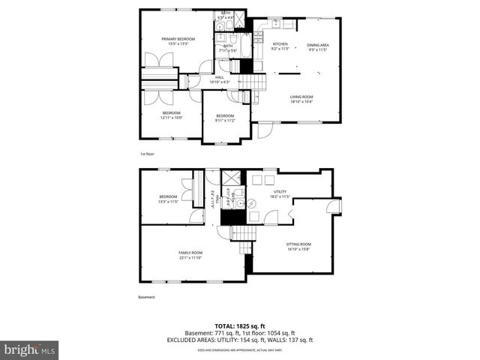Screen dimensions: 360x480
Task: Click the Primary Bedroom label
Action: coord(178,41)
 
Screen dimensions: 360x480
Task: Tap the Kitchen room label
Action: coord(279,46)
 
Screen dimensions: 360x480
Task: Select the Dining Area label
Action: coord(319,46)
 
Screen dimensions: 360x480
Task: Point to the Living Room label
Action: coord(301,99)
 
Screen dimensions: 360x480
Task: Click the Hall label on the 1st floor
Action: coord(220,79)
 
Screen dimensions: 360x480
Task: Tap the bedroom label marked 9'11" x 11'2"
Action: coord(225,118)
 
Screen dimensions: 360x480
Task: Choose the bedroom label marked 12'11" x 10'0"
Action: coord(171,115)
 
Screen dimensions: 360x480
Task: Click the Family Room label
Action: coord(190,255)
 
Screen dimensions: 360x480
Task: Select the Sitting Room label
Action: coord(298,246)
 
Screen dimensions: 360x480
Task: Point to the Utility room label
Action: coord(280,194)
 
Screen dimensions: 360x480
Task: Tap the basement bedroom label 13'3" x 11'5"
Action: coord(167,199)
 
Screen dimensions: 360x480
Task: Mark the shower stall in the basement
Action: coord(231,180)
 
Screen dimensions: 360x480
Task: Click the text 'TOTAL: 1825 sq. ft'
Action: coord(240,326)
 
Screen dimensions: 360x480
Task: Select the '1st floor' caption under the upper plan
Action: coord(147,154)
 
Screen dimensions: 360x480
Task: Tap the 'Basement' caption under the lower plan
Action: coord(147,297)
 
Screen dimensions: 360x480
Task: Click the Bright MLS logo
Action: coord(30,349)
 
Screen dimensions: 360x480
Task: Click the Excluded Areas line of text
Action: coord(240,340)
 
